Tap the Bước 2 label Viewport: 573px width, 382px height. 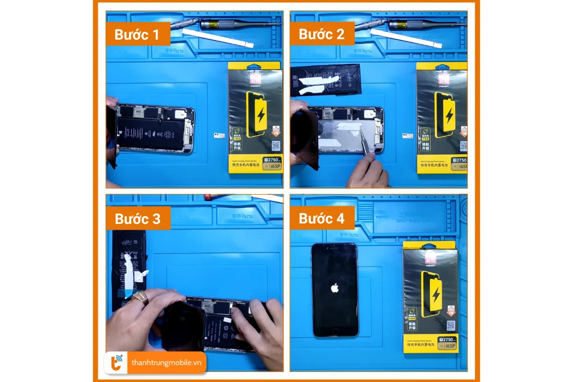coord(321,34)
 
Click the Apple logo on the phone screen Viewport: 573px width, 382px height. coord(334,288)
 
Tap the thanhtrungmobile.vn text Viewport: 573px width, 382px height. coord(167,363)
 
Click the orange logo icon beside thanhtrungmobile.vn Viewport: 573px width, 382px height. coord(117,363)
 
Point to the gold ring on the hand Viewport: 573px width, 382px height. coord(139,298)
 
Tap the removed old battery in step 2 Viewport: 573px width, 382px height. coord(326,79)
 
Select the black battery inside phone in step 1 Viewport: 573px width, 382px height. coord(150,133)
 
